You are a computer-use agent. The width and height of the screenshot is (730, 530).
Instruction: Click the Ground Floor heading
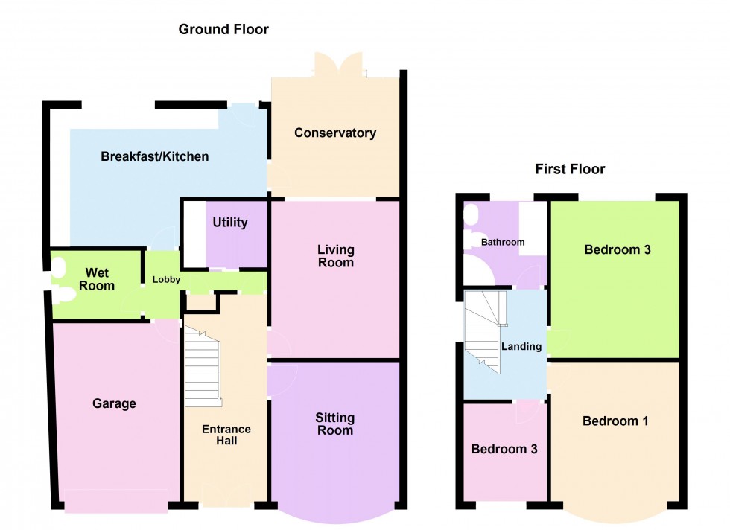point(223,30)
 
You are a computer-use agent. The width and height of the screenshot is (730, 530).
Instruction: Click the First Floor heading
point(570,170)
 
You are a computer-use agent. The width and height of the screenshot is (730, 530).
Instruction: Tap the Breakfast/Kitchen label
point(155,157)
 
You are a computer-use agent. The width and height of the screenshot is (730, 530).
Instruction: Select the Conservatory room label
point(335,133)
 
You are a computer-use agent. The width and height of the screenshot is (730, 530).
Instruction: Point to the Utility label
point(230,223)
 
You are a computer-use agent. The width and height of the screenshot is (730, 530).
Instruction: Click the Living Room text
point(336,256)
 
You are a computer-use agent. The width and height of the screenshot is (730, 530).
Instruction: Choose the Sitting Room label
point(335,424)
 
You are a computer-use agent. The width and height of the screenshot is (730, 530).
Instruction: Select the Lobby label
point(167,280)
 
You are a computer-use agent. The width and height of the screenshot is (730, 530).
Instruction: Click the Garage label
point(114,403)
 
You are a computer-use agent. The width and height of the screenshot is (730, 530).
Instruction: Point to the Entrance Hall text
point(226,435)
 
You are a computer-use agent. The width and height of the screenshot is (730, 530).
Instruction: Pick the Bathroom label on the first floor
point(503,242)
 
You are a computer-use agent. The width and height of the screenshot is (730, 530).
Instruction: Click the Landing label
point(521,346)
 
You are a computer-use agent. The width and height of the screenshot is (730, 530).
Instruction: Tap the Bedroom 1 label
point(615,421)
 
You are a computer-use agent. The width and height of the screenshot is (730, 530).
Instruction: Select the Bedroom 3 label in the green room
point(618,250)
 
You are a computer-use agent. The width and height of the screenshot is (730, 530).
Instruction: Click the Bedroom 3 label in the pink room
point(504,449)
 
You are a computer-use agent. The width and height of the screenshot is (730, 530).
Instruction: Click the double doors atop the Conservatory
point(340,66)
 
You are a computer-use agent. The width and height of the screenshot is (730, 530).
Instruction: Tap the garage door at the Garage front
point(116,501)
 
